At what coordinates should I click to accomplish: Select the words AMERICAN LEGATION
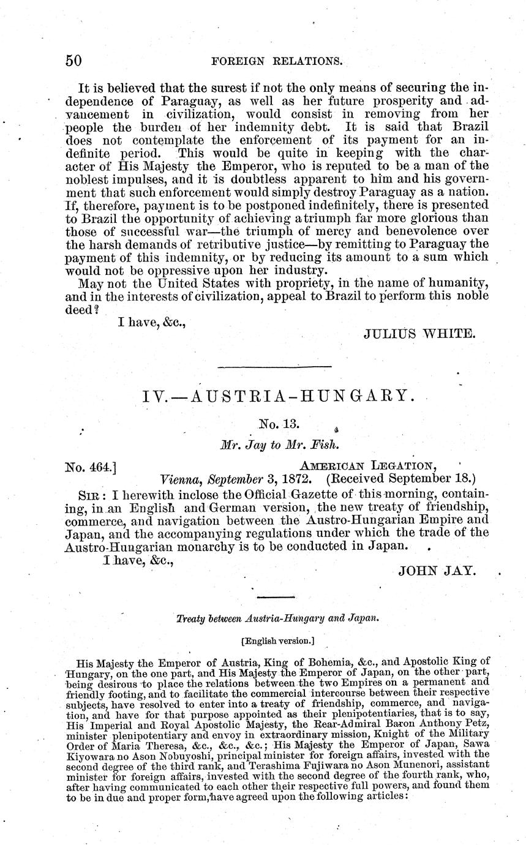376,467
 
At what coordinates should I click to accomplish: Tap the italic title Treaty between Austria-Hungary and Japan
277,618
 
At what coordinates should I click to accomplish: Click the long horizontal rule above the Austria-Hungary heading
274,367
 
